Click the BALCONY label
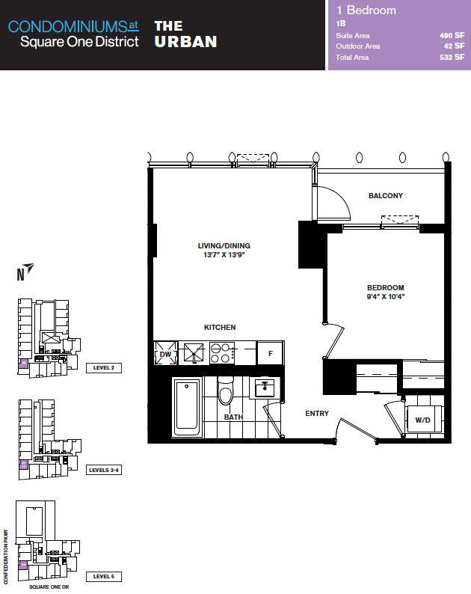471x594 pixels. click(x=386, y=195)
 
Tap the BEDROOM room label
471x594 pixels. click(x=386, y=287)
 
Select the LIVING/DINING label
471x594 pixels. click(x=224, y=245)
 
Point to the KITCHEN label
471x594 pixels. click(x=220, y=328)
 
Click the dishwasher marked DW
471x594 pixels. click(x=165, y=353)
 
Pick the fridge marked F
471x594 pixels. click(x=271, y=353)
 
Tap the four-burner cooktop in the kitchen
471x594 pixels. click(x=221, y=353)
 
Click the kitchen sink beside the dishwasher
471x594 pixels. click(x=194, y=353)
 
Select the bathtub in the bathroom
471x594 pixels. click(x=187, y=407)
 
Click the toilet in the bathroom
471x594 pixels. click(x=226, y=391)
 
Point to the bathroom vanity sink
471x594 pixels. click(x=265, y=388)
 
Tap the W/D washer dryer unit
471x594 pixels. click(x=423, y=419)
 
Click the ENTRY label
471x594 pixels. click(x=317, y=413)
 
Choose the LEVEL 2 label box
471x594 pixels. click(x=104, y=368)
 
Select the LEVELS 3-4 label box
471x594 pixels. click(x=104, y=470)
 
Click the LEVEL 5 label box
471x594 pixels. click(x=104, y=577)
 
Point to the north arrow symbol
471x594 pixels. click(x=28, y=268)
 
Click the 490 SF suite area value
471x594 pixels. click(x=452, y=36)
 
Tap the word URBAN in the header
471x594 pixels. click(x=186, y=42)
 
